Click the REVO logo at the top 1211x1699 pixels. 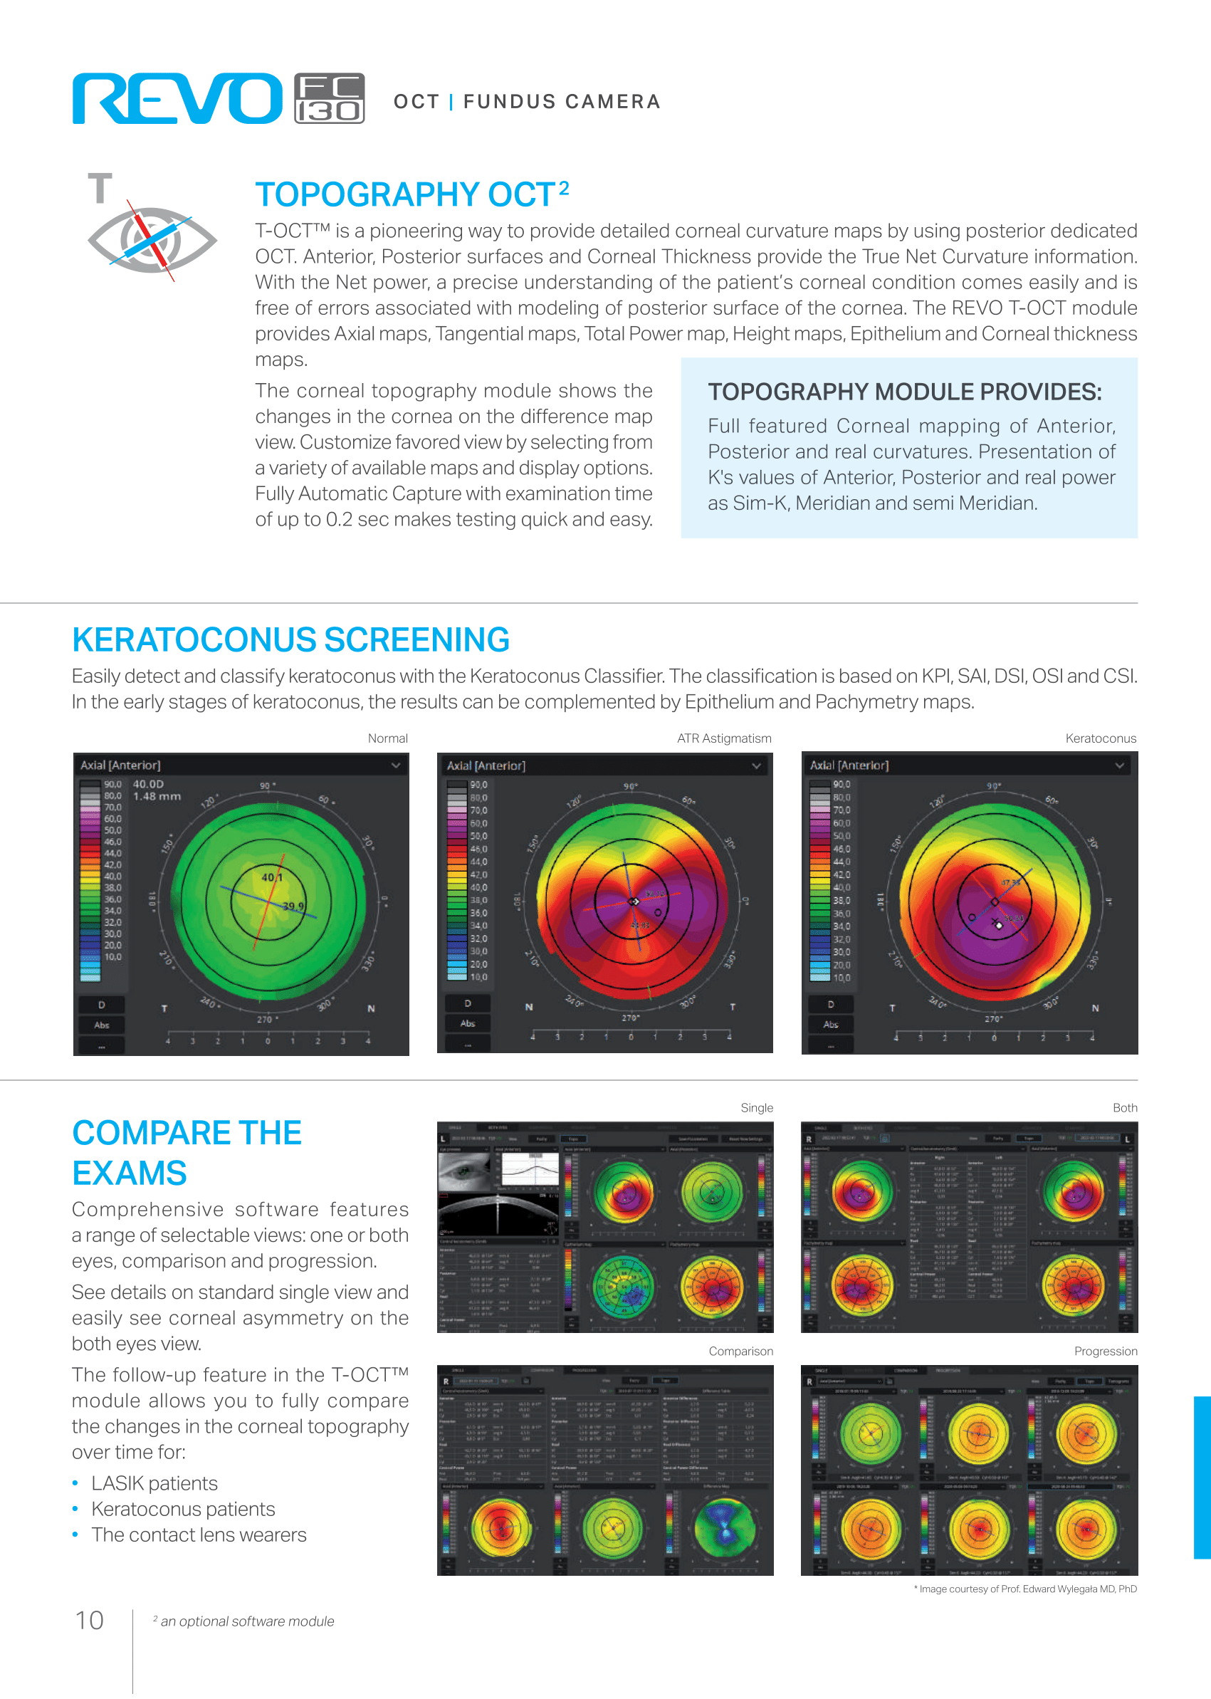(x=177, y=98)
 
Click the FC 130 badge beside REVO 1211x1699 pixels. (x=329, y=98)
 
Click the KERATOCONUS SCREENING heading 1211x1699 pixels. (x=290, y=640)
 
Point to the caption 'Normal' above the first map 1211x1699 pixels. (x=387, y=738)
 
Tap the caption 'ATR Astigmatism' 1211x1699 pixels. (x=723, y=738)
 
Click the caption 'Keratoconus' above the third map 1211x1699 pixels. (x=1100, y=738)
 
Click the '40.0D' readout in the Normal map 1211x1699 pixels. (x=147, y=784)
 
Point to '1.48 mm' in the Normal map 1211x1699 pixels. (x=157, y=797)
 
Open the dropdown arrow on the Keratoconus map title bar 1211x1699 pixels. (x=1119, y=765)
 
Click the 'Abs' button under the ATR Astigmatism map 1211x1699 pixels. (x=468, y=1023)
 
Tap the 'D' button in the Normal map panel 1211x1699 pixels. (x=102, y=1005)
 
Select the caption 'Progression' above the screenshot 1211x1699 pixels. (x=1105, y=1352)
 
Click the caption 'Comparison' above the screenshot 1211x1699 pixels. (x=740, y=1352)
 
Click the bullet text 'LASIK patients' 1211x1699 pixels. (x=154, y=1483)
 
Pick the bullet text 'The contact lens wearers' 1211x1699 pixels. (x=199, y=1535)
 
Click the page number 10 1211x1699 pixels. (x=90, y=1621)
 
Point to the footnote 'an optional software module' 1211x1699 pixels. (x=247, y=1621)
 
